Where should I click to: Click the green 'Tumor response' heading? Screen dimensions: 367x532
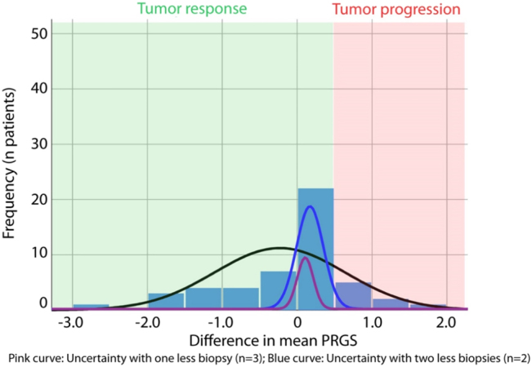click(x=192, y=10)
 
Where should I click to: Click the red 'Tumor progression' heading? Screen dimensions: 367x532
click(x=396, y=10)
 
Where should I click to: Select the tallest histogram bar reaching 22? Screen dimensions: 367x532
click(x=315, y=245)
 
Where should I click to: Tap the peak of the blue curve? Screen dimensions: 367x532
click(x=310, y=206)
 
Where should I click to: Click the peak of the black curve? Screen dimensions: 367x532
click(x=279, y=247)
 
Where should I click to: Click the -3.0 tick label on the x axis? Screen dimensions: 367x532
click(x=71, y=322)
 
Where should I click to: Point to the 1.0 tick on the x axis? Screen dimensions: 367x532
click(x=372, y=322)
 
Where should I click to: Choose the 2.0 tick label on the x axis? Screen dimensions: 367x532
click(x=446, y=322)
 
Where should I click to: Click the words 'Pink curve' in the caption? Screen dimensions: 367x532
click(x=34, y=357)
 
